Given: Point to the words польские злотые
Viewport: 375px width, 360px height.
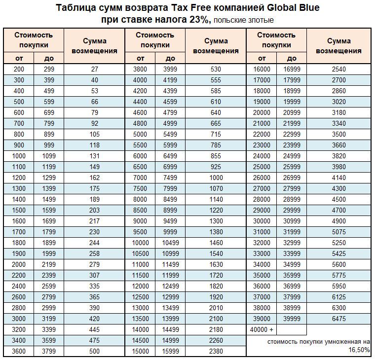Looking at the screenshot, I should (x=244, y=20).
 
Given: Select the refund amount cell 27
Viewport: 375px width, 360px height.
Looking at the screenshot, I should (x=95, y=70).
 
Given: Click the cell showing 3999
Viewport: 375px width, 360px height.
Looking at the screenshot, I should (x=170, y=70).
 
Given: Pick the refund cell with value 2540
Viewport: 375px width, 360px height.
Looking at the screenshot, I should (x=339, y=70).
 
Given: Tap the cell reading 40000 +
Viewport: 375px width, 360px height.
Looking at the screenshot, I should (x=262, y=329).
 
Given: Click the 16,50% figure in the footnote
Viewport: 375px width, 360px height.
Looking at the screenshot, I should (x=359, y=350).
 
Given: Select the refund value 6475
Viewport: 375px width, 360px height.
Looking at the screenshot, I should (x=339, y=319).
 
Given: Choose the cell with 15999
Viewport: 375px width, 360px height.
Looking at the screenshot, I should (x=170, y=351).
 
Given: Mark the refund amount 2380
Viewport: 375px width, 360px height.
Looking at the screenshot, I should (x=216, y=351).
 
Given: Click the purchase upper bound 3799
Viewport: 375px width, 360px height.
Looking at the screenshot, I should (x=49, y=351).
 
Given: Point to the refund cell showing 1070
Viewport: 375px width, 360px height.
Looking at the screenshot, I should (x=216, y=188).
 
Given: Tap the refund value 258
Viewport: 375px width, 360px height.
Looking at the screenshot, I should (x=95, y=253).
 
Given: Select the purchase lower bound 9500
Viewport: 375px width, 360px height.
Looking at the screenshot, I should (x=140, y=232).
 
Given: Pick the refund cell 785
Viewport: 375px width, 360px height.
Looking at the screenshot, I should (x=216, y=145).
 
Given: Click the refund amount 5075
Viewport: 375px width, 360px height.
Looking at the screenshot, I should (x=339, y=232).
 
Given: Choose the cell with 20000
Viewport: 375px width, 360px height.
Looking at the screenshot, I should (x=262, y=112).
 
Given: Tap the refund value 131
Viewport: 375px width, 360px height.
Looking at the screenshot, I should (x=95, y=156).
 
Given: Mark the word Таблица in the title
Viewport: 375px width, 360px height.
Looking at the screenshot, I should (x=75, y=8).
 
